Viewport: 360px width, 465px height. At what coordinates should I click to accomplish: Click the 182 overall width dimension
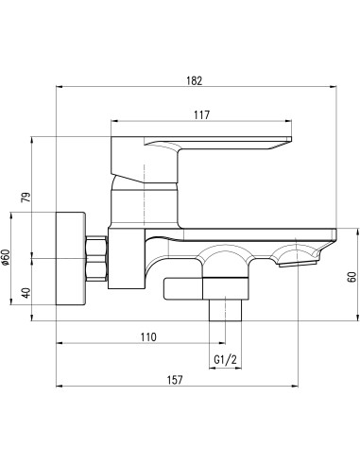pos(195,81)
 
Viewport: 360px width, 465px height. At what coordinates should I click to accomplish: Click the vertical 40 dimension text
pos(26,292)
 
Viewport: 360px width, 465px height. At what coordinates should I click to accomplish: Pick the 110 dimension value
pos(146,336)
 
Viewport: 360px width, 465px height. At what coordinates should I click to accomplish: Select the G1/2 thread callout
pos(223,360)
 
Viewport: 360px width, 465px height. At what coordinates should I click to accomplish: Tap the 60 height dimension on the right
pos(351,276)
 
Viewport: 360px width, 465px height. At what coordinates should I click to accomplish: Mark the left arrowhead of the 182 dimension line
pos(61,89)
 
